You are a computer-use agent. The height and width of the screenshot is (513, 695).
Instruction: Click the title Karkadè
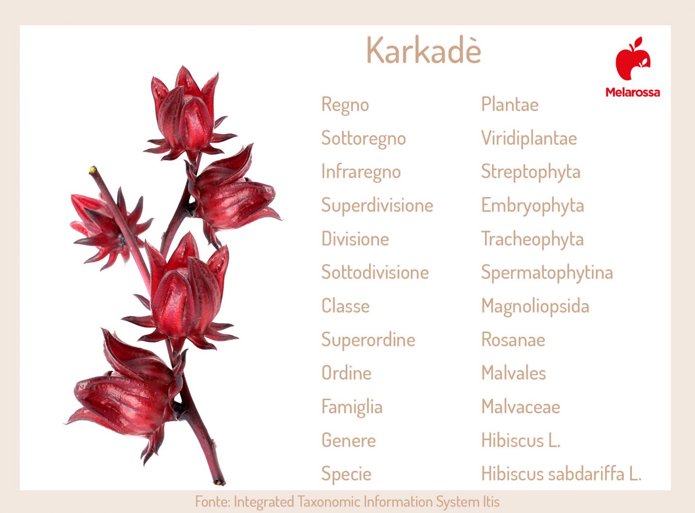[423, 50]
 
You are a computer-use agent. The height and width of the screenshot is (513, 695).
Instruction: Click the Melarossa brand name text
[632, 92]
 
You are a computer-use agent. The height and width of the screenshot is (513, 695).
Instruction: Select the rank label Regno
[345, 105]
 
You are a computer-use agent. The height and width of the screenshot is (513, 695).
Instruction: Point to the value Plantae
[509, 105]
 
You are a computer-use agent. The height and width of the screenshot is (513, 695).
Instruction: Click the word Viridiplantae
[528, 138]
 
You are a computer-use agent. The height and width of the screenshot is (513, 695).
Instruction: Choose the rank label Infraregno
[361, 172]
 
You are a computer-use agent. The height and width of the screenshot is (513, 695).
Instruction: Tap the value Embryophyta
[532, 206]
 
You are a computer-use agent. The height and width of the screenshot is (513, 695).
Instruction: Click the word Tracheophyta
[532, 239]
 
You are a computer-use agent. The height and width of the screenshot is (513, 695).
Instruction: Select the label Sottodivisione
[375, 272]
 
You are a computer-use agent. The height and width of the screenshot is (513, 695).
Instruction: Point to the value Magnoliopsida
[535, 306]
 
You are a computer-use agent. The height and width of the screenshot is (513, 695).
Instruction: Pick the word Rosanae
[513, 339]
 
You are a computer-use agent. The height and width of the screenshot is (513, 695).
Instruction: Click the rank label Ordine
[346, 373]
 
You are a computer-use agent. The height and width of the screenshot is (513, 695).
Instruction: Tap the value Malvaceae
[520, 407]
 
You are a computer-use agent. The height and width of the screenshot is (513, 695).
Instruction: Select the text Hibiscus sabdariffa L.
[561, 474]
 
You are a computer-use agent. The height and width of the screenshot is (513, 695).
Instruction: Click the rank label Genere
[348, 440]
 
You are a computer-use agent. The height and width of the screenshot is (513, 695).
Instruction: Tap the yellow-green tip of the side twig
[93, 170]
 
